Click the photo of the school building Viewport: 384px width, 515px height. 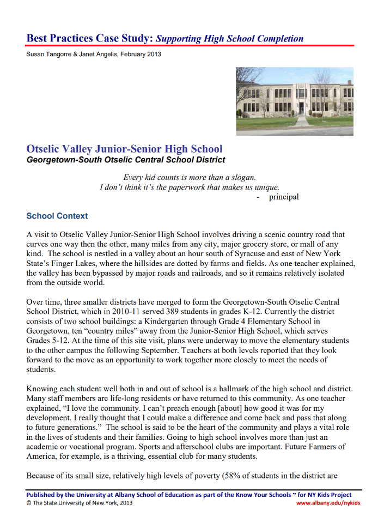(294, 101)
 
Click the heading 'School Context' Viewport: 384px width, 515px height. (57, 216)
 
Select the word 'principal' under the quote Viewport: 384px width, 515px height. (284, 197)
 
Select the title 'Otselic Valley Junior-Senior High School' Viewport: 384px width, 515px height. (124, 149)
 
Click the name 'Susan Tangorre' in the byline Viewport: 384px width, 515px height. (49, 54)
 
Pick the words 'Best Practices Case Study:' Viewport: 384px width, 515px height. (90, 38)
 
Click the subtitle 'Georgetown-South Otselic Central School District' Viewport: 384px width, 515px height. (126, 160)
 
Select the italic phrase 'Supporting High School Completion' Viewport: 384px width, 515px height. (230, 38)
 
